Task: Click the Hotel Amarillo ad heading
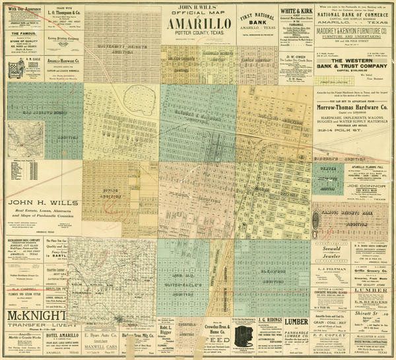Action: tap(59, 336)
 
